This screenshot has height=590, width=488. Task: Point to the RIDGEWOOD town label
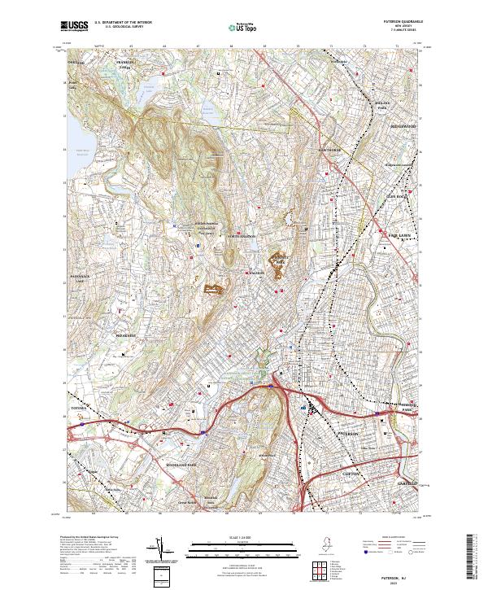403,127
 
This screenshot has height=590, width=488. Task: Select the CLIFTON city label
349,473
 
